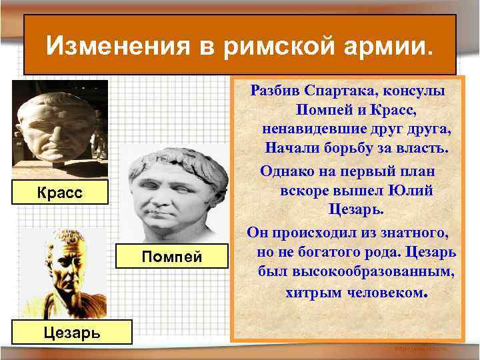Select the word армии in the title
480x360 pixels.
[x=387, y=47]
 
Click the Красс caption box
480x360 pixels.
[x=60, y=193]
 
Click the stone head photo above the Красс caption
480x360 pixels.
[x=59, y=127]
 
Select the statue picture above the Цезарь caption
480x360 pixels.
[x=63, y=273]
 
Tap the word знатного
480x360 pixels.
[x=411, y=233]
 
